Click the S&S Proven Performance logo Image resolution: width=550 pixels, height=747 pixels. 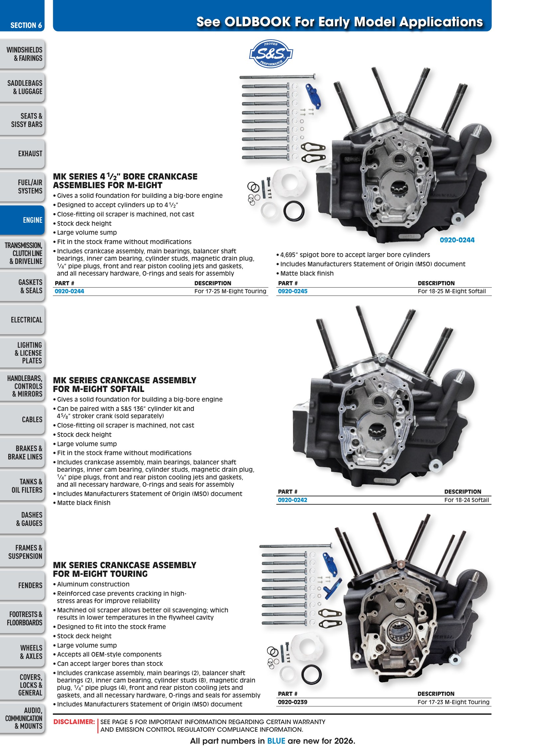coord(271,54)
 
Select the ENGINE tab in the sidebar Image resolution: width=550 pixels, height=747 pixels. coord(22,220)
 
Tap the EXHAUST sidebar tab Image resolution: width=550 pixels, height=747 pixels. coord(22,154)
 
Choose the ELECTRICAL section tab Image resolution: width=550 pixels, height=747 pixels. coord(22,319)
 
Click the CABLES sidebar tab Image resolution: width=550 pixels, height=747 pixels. coord(22,419)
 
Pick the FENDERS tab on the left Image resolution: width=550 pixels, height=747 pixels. coord(22,585)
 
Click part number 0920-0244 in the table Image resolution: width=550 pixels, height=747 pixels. coord(69,291)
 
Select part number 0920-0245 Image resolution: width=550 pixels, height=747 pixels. coord(293,291)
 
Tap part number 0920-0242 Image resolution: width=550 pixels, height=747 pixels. coord(293,500)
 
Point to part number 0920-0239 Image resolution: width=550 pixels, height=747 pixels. coord(293,702)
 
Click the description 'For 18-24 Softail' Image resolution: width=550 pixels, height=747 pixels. coord(467,500)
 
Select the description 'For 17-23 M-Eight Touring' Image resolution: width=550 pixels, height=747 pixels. coord(454,702)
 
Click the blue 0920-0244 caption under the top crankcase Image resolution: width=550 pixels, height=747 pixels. coord(457,240)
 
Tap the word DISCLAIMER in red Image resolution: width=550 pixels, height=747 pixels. coord(74,722)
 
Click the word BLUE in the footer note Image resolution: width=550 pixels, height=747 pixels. coord(276,741)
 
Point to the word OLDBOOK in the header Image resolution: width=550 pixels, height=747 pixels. coord(257,22)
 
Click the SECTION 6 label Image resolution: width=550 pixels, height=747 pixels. coord(26,25)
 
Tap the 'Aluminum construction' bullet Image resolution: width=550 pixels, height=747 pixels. coord(91,584)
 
